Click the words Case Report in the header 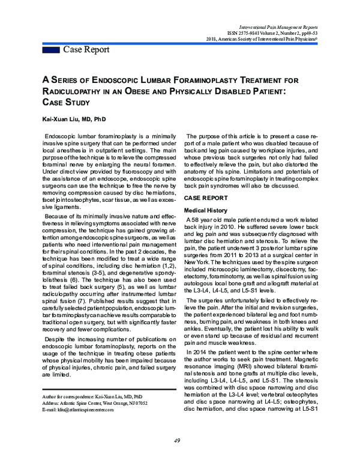[88, 49]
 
